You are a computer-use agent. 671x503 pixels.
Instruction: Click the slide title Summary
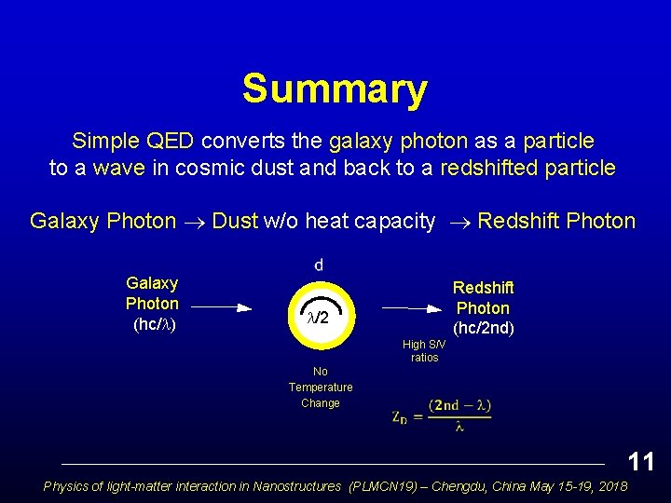point(335,89)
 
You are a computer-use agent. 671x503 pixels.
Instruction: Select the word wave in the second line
point(118,169)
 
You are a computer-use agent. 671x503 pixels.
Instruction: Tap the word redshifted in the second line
point(488,169)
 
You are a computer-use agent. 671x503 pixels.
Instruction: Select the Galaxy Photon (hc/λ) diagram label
point(153,304)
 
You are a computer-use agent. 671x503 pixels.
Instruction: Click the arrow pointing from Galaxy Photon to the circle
point(221,306)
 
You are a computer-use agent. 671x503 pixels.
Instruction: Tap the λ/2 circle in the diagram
point(319,318)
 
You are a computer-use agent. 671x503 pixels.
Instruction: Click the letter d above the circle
point(319,265)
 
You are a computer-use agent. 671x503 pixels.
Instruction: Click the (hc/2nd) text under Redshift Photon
point(482,329)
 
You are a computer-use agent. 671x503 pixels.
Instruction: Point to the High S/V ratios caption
point(424,351)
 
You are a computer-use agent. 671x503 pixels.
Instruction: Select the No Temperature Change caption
point(321,387)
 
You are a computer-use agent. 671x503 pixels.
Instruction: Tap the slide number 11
point(640,461)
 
